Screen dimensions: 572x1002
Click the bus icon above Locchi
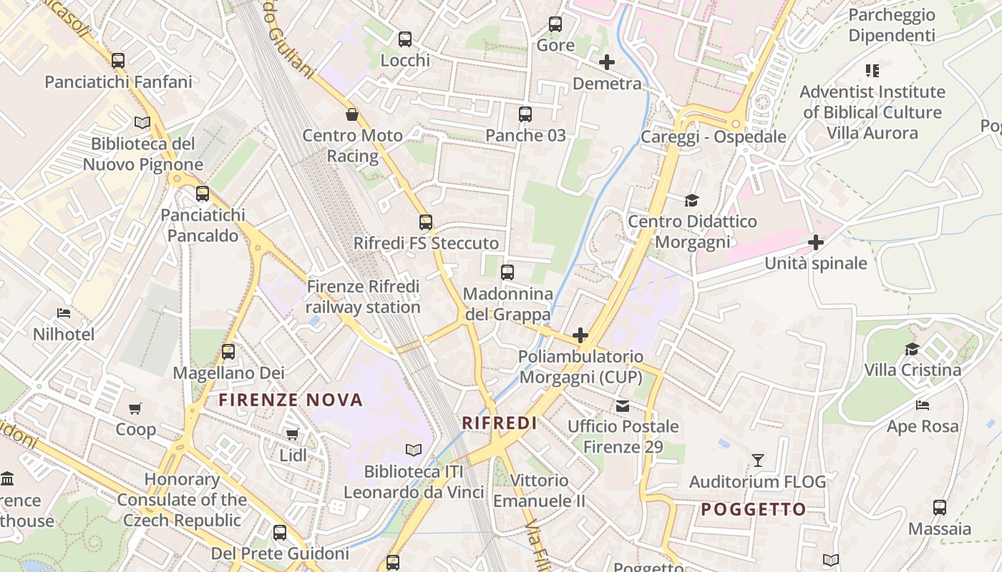point(405,39)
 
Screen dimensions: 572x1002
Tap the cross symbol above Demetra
point(607,62)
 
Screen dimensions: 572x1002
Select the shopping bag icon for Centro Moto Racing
point(352,114)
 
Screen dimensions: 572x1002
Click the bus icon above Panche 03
point(525,114)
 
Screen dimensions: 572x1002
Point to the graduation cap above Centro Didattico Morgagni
point(691,200)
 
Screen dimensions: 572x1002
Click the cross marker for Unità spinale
point(816,242)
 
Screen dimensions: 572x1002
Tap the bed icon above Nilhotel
point(64,313)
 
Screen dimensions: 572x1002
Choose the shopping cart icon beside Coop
point(135,408)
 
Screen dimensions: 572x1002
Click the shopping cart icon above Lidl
point(292,434)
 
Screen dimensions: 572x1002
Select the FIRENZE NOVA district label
point(291,400)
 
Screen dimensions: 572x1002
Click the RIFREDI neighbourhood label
point(500,423)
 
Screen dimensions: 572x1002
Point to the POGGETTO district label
point(753,509)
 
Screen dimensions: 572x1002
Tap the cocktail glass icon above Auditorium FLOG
point(757,460)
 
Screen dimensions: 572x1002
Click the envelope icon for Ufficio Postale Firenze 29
point(623,405)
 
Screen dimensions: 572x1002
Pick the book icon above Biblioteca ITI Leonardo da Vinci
point(414,450)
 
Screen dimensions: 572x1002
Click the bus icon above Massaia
point(940,508)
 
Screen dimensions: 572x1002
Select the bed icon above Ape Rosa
point(923,405)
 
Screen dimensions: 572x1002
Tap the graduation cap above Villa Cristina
point(912,349)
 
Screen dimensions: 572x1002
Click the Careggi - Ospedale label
point(713,137)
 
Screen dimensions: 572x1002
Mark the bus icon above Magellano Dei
point(228,352)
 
